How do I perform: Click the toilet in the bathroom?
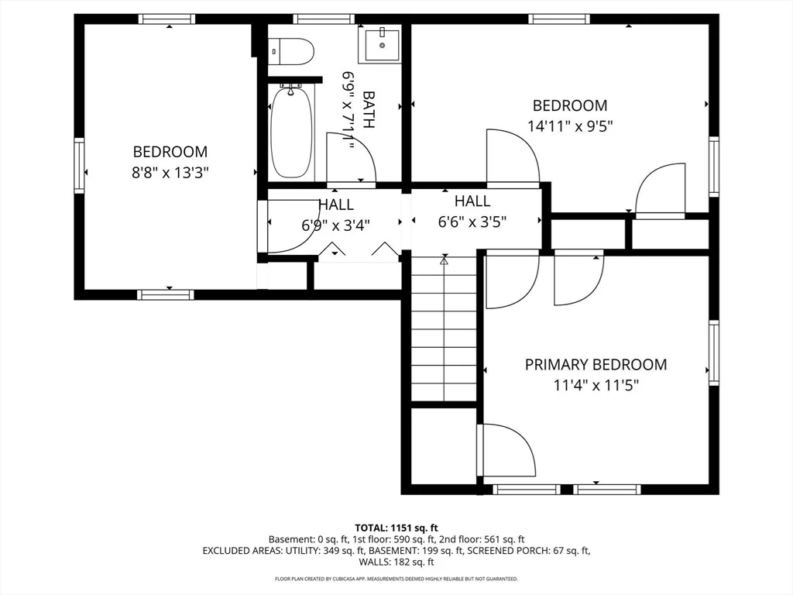pos(291,52)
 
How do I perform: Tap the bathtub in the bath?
pos(291,132)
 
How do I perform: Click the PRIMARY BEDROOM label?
pos(596,364)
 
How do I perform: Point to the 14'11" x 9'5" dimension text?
pos(570,126)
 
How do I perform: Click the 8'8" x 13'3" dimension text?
pos(170,173)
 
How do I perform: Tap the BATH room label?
pos(369,109)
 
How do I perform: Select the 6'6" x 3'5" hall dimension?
pos(472,222)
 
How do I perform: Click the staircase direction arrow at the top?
pos(444,261)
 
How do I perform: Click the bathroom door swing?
pos(351,158)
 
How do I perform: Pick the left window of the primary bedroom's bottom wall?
pos(527,490)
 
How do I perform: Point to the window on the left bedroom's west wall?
pos(79,166)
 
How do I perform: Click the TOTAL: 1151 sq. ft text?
pos(396,528)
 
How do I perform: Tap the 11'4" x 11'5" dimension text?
pos(596,386)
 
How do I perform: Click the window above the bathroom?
pos(324,19)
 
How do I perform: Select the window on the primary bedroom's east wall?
pos(713,353)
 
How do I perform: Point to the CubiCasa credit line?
pos(396,578)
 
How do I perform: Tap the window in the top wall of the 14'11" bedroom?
pos(559,19)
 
